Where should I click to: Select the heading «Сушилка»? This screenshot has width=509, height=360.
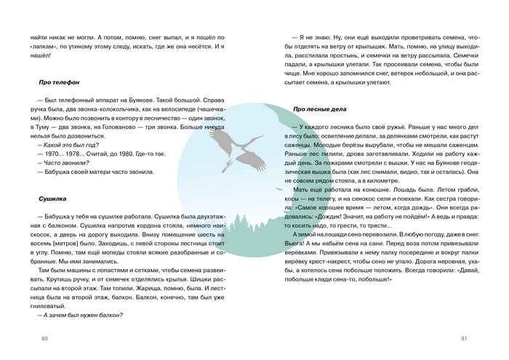[52, 197]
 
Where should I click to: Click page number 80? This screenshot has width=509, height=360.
[44, 338]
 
